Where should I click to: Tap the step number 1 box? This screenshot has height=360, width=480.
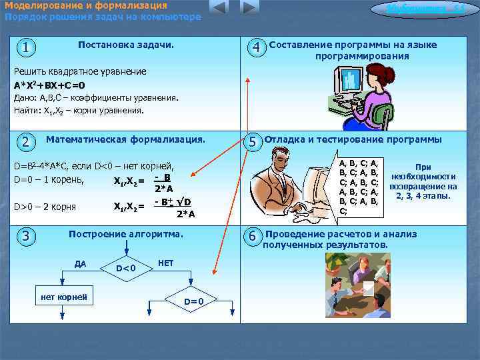25,48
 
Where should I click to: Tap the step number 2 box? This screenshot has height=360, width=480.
25,142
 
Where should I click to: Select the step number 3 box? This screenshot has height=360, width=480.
25,236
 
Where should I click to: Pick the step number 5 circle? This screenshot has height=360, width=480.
253,142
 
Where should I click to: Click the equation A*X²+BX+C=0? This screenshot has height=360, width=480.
49,85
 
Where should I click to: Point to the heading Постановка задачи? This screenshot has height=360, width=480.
125,45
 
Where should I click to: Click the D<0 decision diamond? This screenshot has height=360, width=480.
126,268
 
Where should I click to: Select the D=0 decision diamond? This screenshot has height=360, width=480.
193,302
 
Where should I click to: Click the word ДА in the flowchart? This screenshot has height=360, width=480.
80,263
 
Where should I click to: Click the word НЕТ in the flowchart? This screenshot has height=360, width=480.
166,263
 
